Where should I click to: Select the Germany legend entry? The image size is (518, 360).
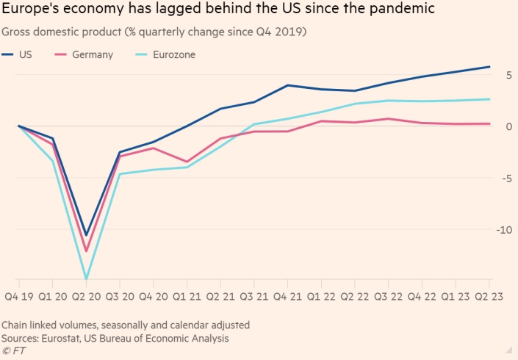click(x=92, y=55)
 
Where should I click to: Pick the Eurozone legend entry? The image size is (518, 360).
click(x=173, y=55)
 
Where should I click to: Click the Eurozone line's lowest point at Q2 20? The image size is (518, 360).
click(x=86, y=279)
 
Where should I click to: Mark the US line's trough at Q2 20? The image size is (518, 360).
click(x=86, y=235)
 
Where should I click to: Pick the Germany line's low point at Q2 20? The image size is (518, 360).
click(x=86, y=251)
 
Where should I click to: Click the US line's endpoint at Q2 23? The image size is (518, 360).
click(x=490, y=67)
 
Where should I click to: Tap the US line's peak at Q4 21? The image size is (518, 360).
click(x=287, y=85)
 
